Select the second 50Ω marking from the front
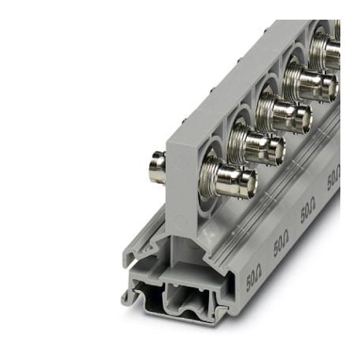click(x=281, y=245)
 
